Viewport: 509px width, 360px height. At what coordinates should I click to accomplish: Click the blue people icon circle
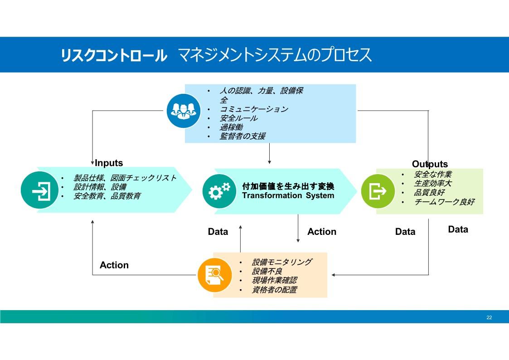point(184,111)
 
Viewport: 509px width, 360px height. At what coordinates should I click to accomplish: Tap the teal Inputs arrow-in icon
point(39,190)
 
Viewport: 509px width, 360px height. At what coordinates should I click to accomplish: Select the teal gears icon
point(219,191)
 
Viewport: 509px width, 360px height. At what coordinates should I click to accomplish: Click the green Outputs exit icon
point(378,191)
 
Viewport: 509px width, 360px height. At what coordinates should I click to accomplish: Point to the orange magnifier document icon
point(214,275)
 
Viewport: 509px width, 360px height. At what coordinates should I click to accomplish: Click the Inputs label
point(109,163)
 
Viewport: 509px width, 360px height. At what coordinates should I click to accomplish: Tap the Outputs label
point(430,164)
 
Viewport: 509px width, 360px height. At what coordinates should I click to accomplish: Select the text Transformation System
point(288,195)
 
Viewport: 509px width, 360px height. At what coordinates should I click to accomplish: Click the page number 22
point(489,317)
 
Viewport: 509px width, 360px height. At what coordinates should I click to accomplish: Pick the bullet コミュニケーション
point(254,109)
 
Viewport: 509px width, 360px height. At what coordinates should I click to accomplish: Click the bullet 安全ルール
point(238,118)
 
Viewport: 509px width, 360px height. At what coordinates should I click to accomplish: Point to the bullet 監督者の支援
point(242,136)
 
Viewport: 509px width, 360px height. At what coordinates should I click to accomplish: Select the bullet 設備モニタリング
point(282,262)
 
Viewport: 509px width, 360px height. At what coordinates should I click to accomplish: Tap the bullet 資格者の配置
point(274,290)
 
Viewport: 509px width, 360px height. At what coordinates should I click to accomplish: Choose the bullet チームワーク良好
point(444,202)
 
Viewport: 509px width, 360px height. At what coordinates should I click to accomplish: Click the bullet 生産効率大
point(433,184)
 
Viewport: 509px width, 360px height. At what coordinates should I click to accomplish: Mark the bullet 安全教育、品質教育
point(107,196)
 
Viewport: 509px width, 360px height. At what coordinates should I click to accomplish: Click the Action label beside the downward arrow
point(322,231)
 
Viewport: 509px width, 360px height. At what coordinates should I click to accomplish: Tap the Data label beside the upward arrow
point(218,231)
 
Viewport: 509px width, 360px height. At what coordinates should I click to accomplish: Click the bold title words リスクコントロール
point(114,55)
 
